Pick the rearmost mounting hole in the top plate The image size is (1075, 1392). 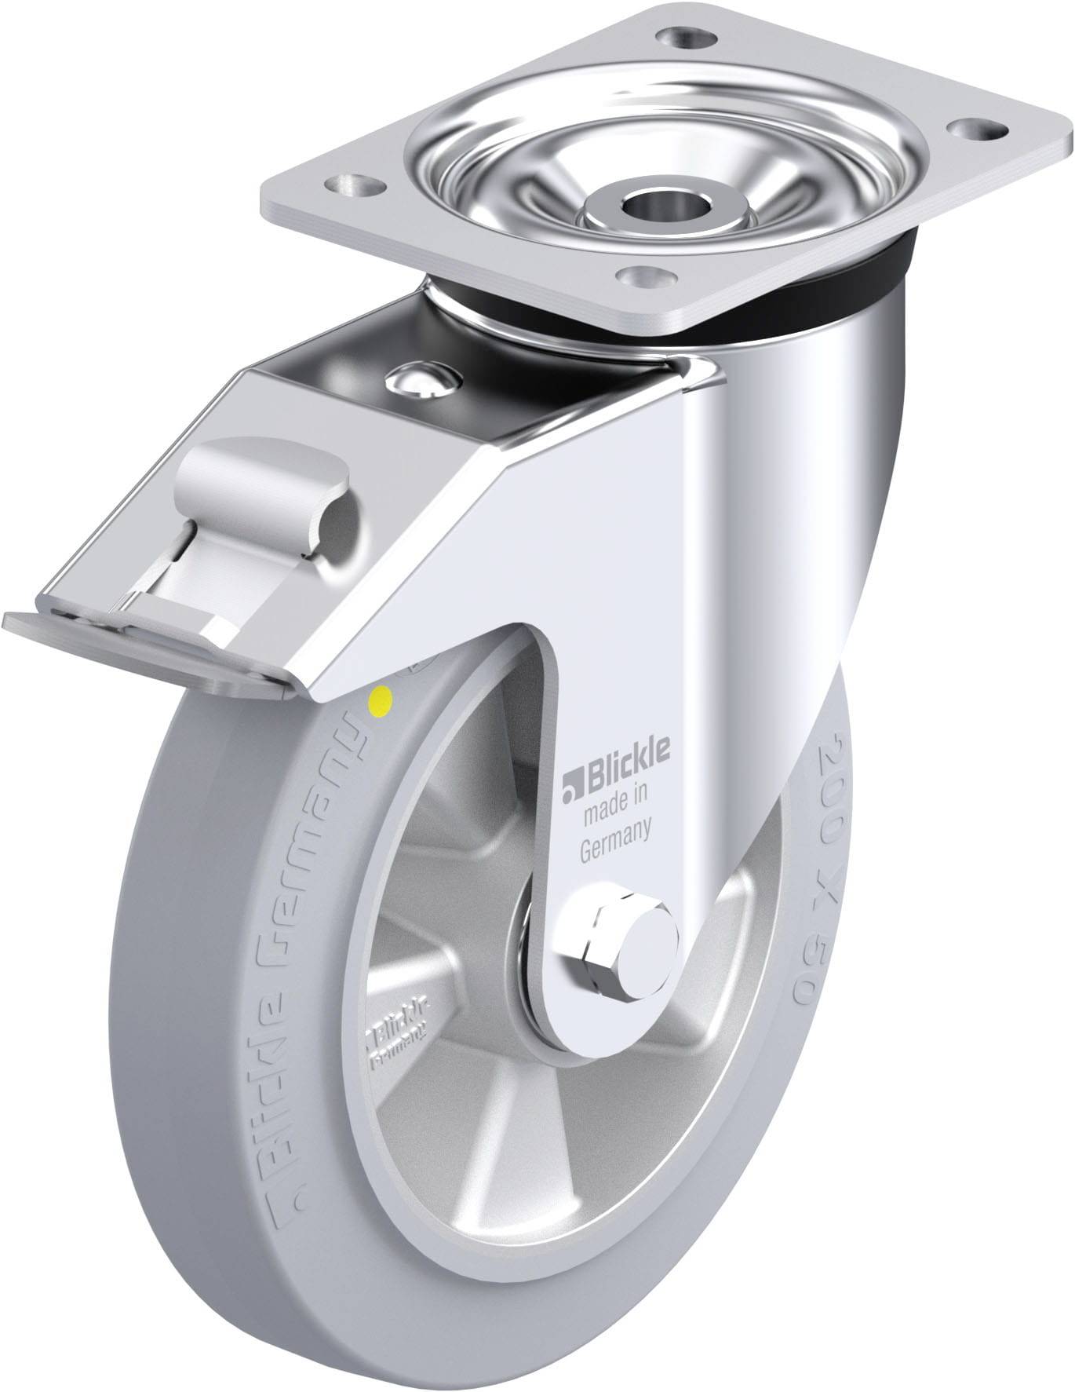pyautogui.click(x=681, y=36)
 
